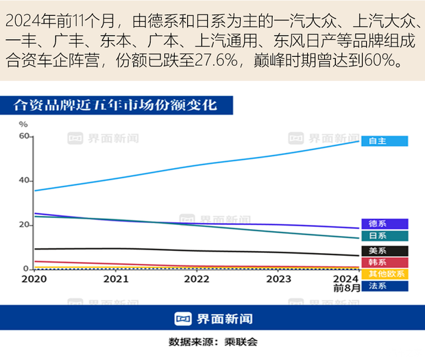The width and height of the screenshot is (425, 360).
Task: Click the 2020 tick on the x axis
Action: coord(34,279)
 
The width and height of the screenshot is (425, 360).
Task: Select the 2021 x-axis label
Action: coord(115,279)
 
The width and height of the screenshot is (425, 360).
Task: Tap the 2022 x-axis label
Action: coord(196,279)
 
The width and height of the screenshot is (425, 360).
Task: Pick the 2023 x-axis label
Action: coord(278,279)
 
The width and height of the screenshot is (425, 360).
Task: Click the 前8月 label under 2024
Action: coord(346,289)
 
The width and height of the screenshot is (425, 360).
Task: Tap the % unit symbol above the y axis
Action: coord(23,124)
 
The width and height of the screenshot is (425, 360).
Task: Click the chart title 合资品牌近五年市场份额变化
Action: coord(115,106)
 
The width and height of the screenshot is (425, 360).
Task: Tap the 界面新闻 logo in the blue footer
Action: coord(212,319)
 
